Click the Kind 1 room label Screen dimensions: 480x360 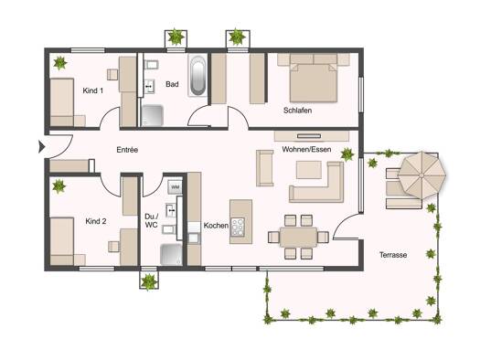tap(93, 90)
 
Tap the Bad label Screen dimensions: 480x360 tap(172, 84)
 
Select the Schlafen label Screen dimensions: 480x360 tap(297, 111)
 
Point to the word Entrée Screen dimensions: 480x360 tap(127, 150)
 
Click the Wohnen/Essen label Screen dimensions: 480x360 tap(306, 149)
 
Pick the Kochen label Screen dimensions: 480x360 tap(216, 226)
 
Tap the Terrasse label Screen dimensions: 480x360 tap(393, 255)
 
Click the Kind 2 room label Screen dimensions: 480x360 tap(96, 221)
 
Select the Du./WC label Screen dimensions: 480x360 tap(152, 220)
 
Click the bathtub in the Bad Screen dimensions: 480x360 tap(197, 75)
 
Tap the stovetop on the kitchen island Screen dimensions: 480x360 tap(238, 227)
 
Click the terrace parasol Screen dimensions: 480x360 tap(421, 175)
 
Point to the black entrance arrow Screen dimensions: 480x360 tap(42, 147)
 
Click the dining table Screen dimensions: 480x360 tap(298, 237)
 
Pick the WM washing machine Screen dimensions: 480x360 tap(175, 186)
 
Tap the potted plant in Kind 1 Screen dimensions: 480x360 tap(60, 63)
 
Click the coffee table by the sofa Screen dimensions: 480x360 tap(309, 170)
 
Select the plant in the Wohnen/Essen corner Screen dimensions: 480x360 tap(347, 154)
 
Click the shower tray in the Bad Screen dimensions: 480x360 tap(153, 116)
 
